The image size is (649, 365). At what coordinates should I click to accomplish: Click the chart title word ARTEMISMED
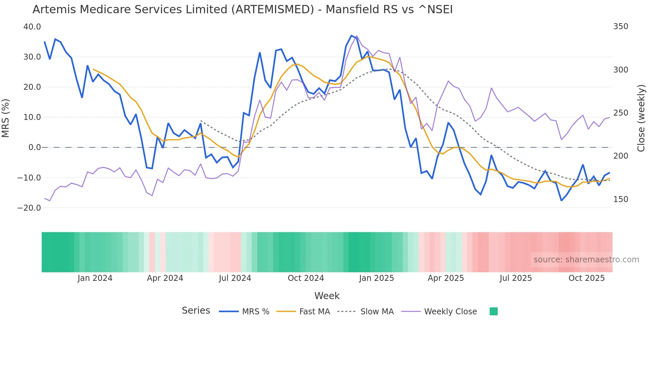point(273,10)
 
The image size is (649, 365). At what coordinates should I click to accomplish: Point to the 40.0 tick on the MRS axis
point(32,27)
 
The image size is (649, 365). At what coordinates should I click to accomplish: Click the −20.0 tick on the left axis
point(29,208)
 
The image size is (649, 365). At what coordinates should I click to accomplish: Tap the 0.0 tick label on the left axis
point(34,147)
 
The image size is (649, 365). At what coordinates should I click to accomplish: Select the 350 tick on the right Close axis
point(621,26)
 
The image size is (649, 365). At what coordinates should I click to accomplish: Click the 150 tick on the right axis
point(621,199)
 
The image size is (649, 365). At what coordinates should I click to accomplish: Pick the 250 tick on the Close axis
point(621,113)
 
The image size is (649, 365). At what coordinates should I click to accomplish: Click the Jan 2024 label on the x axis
point(95,278)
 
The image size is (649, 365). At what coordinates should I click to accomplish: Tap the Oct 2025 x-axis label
point(586,278)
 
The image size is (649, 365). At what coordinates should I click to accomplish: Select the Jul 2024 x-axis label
point(235,278)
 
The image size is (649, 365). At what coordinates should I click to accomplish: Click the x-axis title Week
point(327,296)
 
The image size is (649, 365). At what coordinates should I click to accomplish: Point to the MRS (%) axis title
point(6,118)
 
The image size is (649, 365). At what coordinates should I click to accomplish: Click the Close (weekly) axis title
point(641,118)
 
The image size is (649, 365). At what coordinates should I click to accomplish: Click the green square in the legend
point(493,311)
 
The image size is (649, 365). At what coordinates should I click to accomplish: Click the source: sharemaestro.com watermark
point(586,260)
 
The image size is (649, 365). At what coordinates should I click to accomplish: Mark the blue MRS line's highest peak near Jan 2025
point(351,35)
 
